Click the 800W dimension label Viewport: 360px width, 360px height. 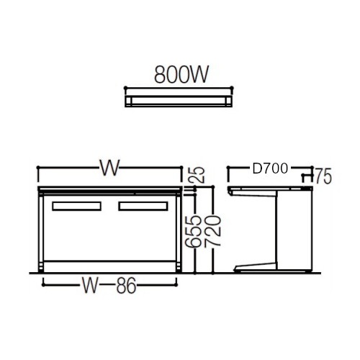pyautogui.click(x=181, y=74)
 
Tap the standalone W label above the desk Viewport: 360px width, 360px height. pyautogui.click(x=109, y=168)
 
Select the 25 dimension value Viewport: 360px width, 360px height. pyautogui.click(x=198, y=175)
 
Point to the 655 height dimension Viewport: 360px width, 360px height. pyautogui.click(x=192, y=231)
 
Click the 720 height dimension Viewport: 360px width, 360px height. pyautogui.click(x=212, y=231)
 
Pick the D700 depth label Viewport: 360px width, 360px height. pyautogui.click(x=270, y=168)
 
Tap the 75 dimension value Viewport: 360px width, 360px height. pyautogui.click(x=323, y=176)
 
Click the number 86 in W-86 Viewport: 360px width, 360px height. pyautogui.click(x=127, y=285)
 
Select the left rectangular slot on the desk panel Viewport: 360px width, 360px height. pyautogui.click(x=76, y=206)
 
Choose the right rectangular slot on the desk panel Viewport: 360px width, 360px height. pyautogui.click(x=143, y=206)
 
